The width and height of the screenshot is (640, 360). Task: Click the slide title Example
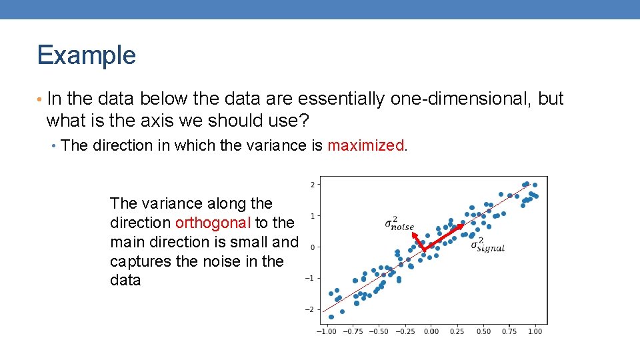point(86,55)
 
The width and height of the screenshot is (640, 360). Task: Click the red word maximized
point(365,145)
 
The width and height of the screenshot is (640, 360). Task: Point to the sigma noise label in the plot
point(399,224)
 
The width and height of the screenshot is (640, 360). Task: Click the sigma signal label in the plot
point(487,245)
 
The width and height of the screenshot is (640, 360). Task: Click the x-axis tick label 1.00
point(535,331)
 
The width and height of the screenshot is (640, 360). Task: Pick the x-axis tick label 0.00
point(431,331)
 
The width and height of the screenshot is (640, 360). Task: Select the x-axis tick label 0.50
point(483,331)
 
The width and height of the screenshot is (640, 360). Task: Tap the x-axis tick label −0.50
point(378,331)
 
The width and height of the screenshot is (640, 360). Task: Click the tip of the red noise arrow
point(411,233)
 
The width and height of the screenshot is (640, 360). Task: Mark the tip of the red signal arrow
point(463,225)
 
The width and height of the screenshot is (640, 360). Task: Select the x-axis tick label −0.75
point(352,331)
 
